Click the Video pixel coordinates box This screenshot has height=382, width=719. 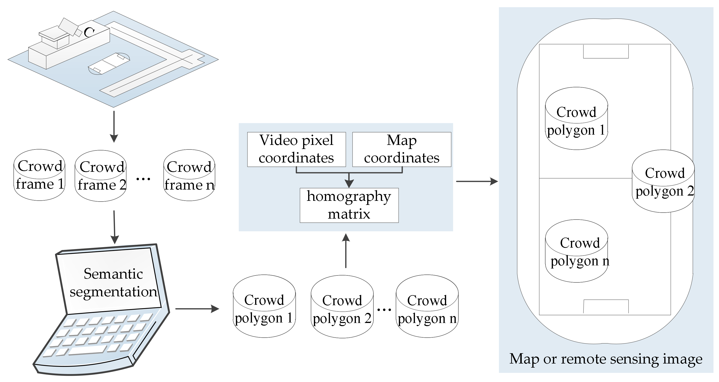point(296,149)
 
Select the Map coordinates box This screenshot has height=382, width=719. point(402,149)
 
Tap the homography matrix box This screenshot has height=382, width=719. point(349,205)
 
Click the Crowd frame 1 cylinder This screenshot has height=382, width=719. point(39,175)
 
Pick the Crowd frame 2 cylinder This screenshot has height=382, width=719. point(101,176)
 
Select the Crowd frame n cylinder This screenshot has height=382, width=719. point(189,175)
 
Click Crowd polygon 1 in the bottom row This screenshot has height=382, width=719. point(264,306)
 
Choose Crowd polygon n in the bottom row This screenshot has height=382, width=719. point(427,306)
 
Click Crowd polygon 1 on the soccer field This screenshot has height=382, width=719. point(576,119)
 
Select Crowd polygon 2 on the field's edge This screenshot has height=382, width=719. point(663,181)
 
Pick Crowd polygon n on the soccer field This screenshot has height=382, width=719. point(576,251)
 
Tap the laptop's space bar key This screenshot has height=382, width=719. point(87,350)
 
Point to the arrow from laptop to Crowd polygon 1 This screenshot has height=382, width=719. point(197,309)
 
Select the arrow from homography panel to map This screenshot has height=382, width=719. point(477,181)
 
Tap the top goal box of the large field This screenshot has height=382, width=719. point(606,51)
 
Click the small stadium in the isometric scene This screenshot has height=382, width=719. point(109,64)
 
